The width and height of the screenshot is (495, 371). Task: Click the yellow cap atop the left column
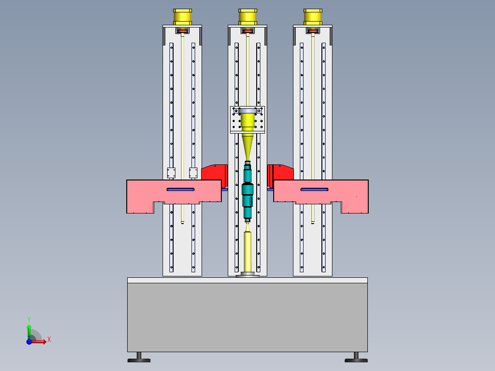tap(182, 17)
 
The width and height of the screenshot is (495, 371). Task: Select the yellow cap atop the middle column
tap(247, 17)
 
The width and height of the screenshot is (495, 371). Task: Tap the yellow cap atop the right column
tap(313, 17)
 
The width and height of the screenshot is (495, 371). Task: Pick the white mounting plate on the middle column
tap(235, 120)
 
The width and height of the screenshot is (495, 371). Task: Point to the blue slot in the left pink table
tap(180, 189)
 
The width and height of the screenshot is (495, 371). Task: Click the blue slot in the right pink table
tap(315, 189)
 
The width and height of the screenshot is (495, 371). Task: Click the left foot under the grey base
tap(139, 357)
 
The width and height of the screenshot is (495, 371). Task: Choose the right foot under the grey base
tap(356, 357)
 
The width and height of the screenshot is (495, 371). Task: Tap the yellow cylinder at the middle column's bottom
tap(247, 252)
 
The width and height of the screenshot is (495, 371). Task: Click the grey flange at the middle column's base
tap(247, 275)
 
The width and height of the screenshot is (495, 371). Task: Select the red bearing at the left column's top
tap(182, 31)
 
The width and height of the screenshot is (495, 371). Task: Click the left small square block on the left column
tap(171, 173)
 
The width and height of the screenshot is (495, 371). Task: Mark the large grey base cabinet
tap(247, 317)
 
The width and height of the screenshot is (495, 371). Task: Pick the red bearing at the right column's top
tap(313, 31)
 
